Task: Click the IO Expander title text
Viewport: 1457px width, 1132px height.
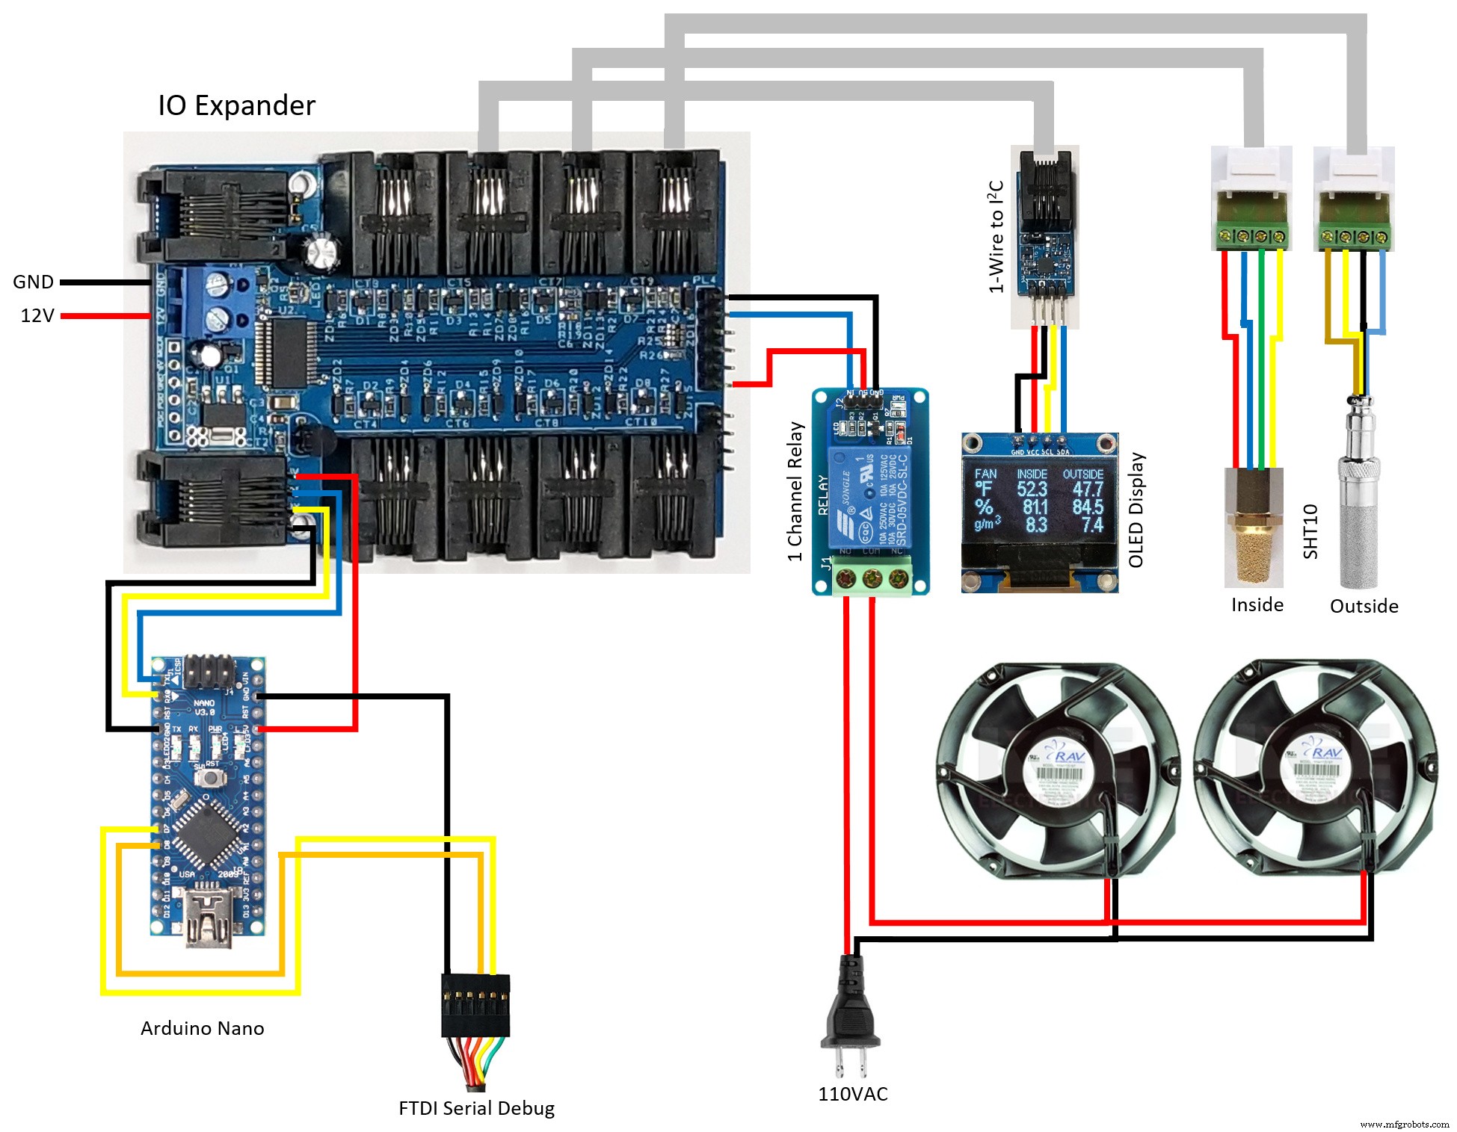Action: pyautogui.click(x=236, y=105)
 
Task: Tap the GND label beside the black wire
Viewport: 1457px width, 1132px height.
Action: pyautogui.click(x=34, y=282)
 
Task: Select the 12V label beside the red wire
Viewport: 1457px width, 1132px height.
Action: pyautogui.click(x=37, y=315)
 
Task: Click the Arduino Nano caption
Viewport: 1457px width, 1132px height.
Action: pyautogui.click(x=202, y=1028)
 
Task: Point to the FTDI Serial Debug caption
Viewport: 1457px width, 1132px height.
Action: pyautogui.click(x=476, y=1108)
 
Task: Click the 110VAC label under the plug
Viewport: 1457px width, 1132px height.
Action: pyautogui.click(x=852, y=1094)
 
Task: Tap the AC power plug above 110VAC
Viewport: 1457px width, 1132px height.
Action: pyautogui.click(x=851, y=1009)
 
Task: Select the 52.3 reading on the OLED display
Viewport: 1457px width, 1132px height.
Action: pyautogui.click(x=1032, y=489)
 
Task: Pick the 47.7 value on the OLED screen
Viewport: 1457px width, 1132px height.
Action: pyautogui.click(x=1088, y=489)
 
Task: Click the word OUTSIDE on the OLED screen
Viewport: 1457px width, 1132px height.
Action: pyautogui.click(x=1083, y=474)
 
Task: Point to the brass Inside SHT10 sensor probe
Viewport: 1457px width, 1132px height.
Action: pyautogui.click(x=1254, y=531)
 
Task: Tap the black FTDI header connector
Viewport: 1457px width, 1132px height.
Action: pyautogui.click(x=475, y=1005)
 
